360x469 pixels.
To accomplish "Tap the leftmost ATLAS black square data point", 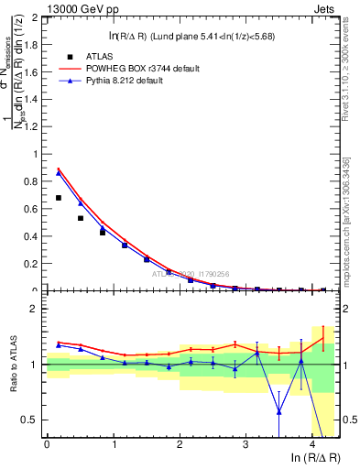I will pyautogui.click(x=59, y=198).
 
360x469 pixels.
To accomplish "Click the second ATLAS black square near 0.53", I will pyautogui.click(x=81, y=218).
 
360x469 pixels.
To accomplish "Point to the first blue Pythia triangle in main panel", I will pyautogui.click(x=59, y=172).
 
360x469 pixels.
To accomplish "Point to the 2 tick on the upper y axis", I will pyautogui.click(x=36, y=17).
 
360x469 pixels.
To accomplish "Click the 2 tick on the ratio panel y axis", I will pyautogui.click(x=36, y=309).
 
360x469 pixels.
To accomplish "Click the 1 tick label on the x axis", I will pyautogui.click(x=114, y=444).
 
